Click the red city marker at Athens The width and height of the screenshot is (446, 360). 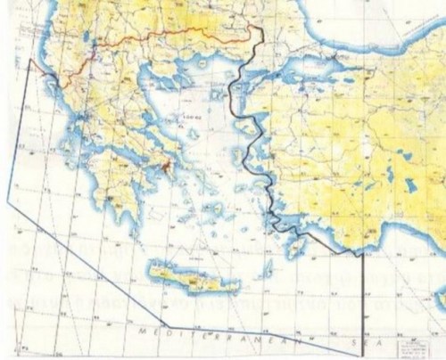[x=167, y=165]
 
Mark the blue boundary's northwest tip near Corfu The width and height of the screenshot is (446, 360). [x=30, y=60]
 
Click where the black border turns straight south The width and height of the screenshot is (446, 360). [x=363, y=256]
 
